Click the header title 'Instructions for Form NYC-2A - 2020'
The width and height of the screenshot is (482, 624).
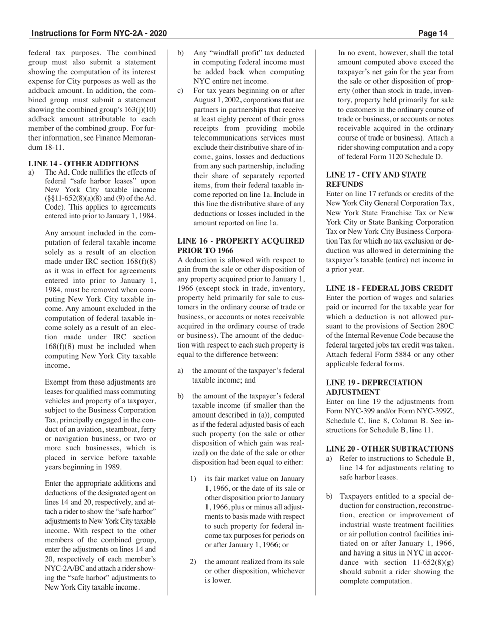99,33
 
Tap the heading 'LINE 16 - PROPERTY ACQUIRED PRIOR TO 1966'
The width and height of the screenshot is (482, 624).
240,246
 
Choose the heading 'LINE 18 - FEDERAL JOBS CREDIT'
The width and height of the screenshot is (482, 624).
389,288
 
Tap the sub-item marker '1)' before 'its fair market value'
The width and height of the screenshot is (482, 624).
193,478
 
